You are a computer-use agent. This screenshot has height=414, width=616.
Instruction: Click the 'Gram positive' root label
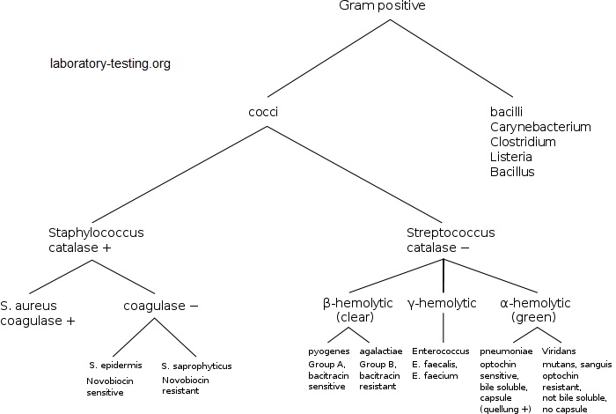[382, 7]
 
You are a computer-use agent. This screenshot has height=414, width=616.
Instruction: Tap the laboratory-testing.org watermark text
[110, 64]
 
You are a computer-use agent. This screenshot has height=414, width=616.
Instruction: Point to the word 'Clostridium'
[523, 142]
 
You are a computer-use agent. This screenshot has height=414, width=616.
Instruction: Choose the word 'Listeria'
[511, 157]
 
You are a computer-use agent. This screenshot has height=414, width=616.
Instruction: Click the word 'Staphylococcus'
[96, 233]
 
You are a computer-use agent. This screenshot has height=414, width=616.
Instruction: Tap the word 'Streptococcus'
[451, 233]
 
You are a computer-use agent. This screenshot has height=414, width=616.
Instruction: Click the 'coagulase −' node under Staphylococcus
[160, 306]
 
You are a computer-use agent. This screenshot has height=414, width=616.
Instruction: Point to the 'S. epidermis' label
[114, 365]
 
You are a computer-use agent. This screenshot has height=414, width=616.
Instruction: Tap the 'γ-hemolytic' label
[442, 303]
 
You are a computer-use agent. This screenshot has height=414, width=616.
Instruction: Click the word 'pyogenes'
[327, 351]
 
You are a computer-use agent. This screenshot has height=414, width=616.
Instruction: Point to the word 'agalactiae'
[381, 351]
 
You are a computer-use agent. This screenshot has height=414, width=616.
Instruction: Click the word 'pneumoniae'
[505, 351]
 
